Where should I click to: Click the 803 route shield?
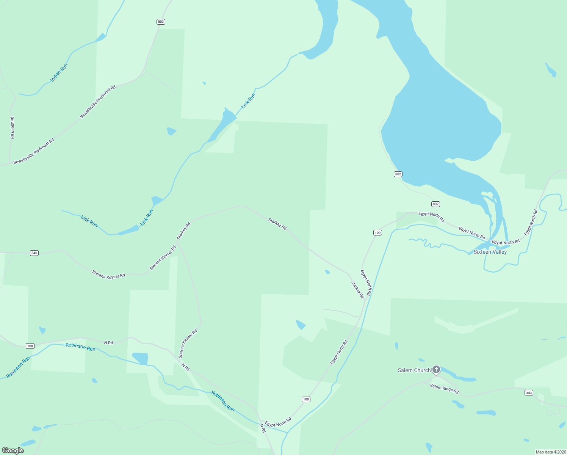coord(161,22)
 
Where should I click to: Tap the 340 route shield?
coord(34,253)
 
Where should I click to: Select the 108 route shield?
coord(30,346)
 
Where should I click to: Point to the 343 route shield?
coord(529,392)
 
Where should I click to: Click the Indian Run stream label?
coord(59,72)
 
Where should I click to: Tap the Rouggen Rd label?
coord(12,127)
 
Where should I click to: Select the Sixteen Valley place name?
coord(490,252)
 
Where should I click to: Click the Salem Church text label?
coord(414,370)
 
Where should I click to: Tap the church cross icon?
coord(436,369)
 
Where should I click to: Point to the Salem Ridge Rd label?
coord(444,389)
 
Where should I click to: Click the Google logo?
coord(13,450)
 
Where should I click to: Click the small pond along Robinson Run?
coord(140,358)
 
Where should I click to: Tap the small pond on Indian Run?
coord(100,38)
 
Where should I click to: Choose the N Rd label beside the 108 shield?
coord(109,343)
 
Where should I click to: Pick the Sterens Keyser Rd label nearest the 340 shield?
coord(108,275)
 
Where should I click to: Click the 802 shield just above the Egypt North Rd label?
coord(435,204)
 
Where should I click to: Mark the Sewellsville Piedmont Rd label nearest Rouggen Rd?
coord(34,151)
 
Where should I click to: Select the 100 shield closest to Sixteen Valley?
coord(377,232)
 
